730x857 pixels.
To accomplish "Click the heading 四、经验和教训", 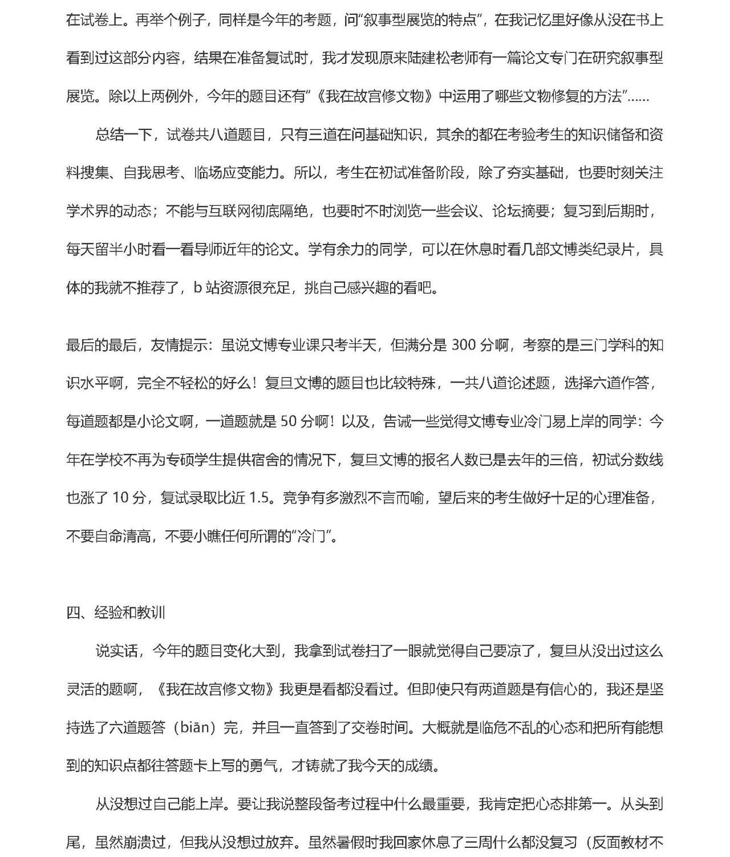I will (x=116, y=612).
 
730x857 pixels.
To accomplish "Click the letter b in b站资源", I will (x=198, y=288).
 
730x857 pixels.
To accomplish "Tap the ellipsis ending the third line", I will (x=638, y=97).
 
